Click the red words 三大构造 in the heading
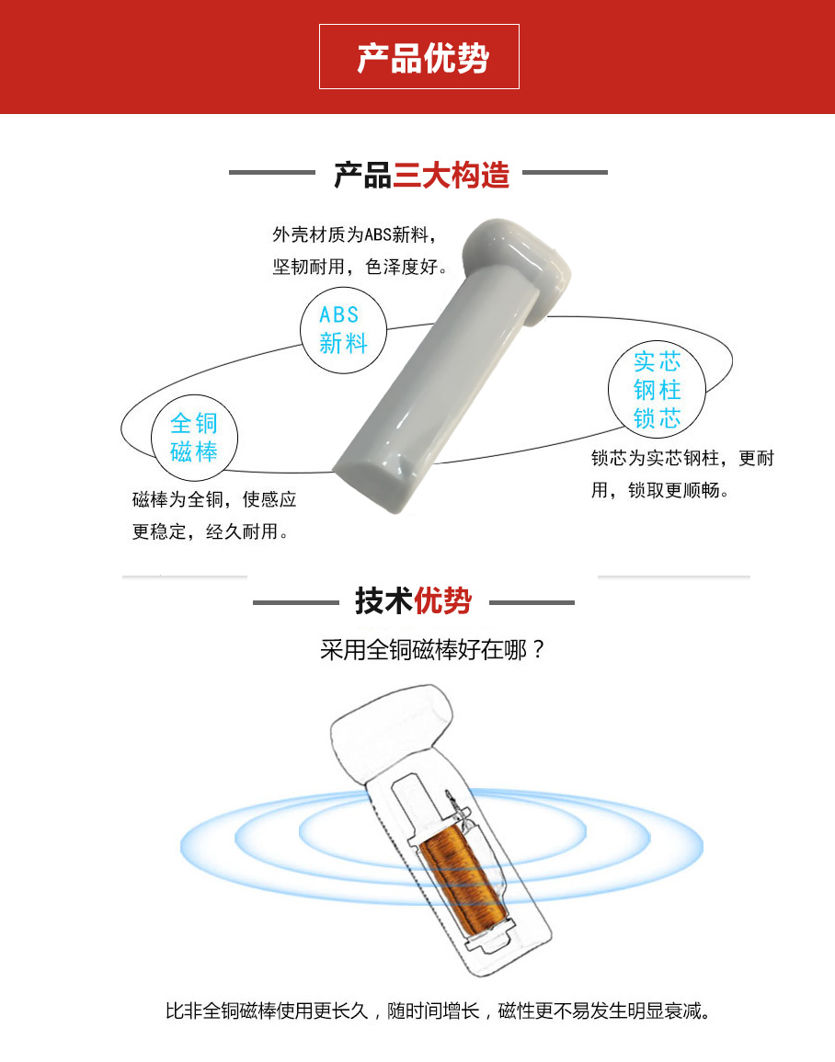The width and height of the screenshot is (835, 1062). point(451,175)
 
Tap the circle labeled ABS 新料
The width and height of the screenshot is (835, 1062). point(343,330)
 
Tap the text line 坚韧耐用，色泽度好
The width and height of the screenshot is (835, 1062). point(360,267)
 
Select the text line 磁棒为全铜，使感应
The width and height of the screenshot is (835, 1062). point(214,500)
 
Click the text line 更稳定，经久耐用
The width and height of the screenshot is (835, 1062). point(210,531)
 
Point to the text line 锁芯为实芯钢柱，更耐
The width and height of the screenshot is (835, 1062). point(682,459)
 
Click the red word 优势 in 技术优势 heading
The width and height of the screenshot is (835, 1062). point(443,600)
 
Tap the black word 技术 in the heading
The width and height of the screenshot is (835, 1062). point(384,600)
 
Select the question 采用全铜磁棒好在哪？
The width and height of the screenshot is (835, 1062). point(432,650)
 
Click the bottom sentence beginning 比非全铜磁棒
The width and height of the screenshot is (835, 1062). point(438,1011)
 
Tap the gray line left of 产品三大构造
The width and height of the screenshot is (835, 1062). point(272,172)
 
